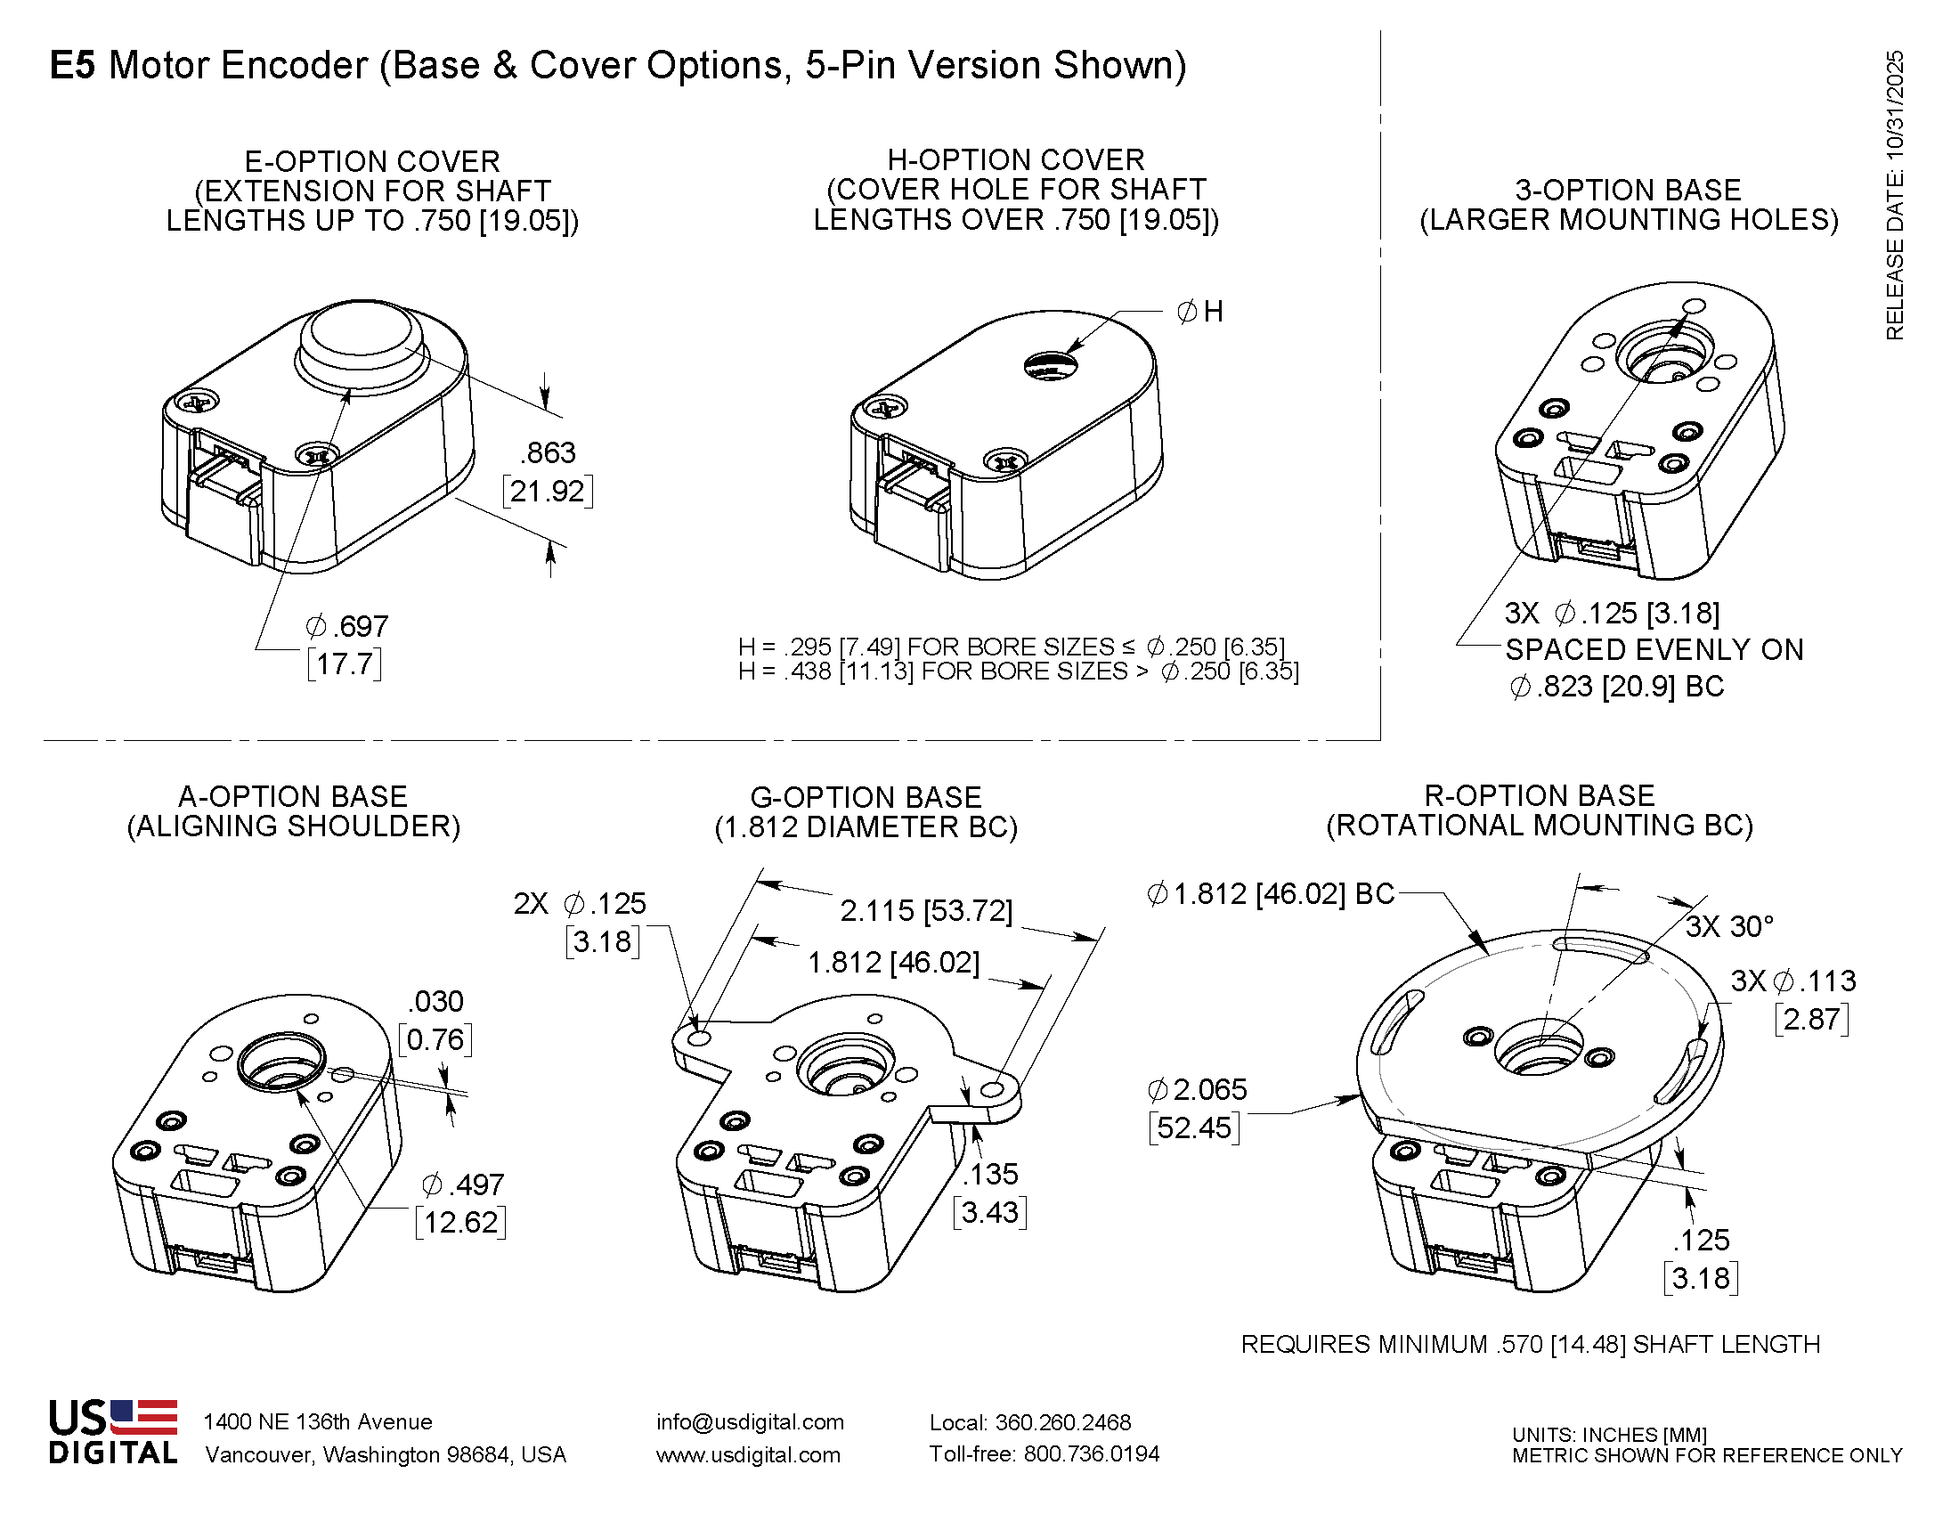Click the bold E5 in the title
72,66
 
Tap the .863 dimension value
547,453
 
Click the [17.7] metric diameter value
345,664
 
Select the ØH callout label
1199,312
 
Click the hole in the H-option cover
1051,365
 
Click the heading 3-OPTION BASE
1628,191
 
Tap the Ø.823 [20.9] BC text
1616,687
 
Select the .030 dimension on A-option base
435,1001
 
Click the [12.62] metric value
460,1223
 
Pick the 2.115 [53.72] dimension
926,911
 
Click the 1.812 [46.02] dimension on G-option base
893,963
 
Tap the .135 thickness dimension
990,1174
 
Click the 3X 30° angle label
1729,926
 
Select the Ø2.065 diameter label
1197,1090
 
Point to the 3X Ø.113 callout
1793,981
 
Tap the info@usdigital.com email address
750,1422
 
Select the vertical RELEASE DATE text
1894,196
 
